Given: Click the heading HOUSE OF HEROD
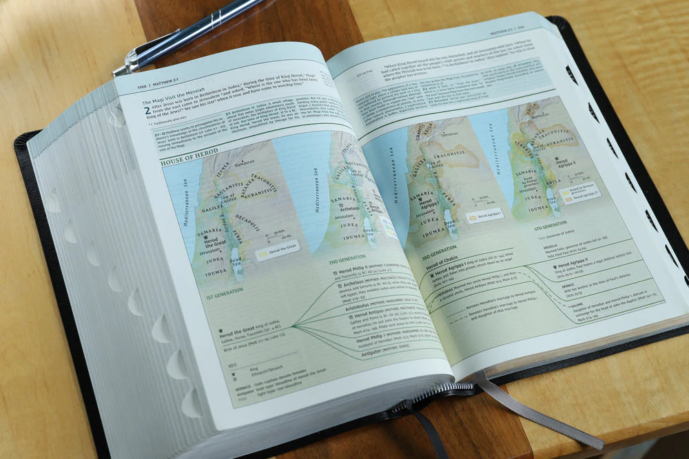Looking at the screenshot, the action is pos(189,163).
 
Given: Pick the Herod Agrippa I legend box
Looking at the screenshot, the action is pos(485,214).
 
